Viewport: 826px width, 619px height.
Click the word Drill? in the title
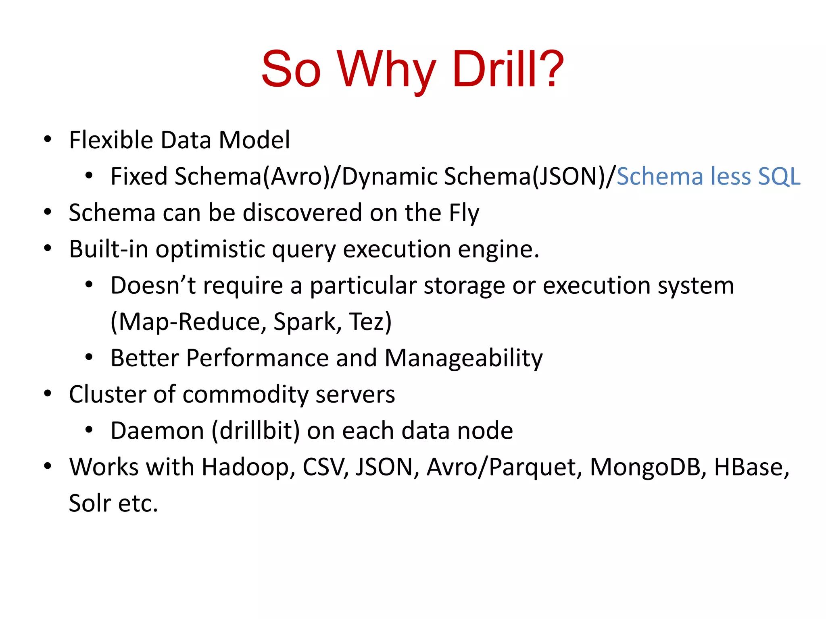coord(507,69)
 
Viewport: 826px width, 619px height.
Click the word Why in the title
coord(386,69)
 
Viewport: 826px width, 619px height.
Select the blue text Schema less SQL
coord(708,177)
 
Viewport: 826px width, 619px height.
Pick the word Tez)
coord(370,322)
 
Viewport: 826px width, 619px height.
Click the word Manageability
coord(463,358)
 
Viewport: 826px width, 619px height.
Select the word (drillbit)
coord(256,431)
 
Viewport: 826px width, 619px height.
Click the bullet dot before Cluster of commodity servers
coord(48,394)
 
